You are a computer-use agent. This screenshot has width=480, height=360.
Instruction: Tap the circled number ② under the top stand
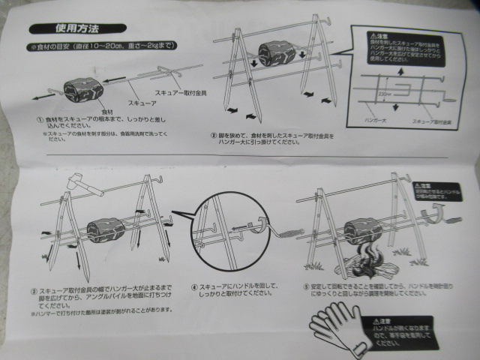coord(213,136)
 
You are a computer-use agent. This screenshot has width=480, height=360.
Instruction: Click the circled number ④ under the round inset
coord(193,286)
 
